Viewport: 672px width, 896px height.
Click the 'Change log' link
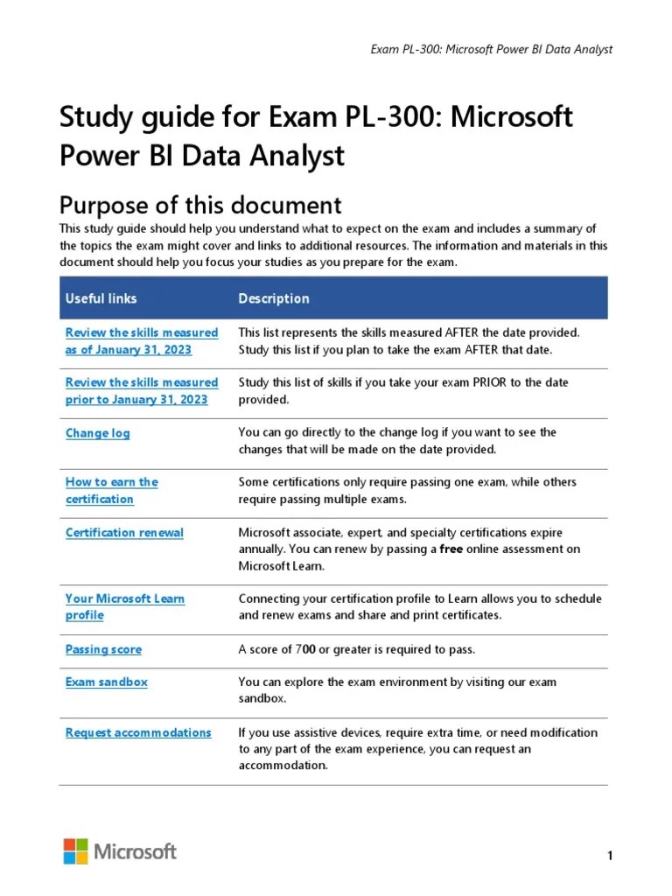click(97, 433)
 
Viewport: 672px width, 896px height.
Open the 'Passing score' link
click(103, 649)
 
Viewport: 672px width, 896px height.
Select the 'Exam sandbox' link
click(106, 682)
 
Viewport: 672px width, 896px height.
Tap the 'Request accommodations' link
click(138, 732)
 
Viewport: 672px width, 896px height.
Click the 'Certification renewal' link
click(124, 532)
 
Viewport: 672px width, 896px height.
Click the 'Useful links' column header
click(101, 298)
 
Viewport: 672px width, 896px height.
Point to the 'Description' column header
click(273, 298)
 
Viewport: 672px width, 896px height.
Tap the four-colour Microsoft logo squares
click(75, 851)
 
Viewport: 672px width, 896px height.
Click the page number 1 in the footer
click(609, 855)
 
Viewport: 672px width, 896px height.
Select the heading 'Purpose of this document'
click(199, 205)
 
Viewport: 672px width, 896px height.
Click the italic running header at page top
click(492, 49)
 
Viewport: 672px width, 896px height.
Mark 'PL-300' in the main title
click(393, 116)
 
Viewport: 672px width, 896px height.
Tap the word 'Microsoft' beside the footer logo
click(135, 851)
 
